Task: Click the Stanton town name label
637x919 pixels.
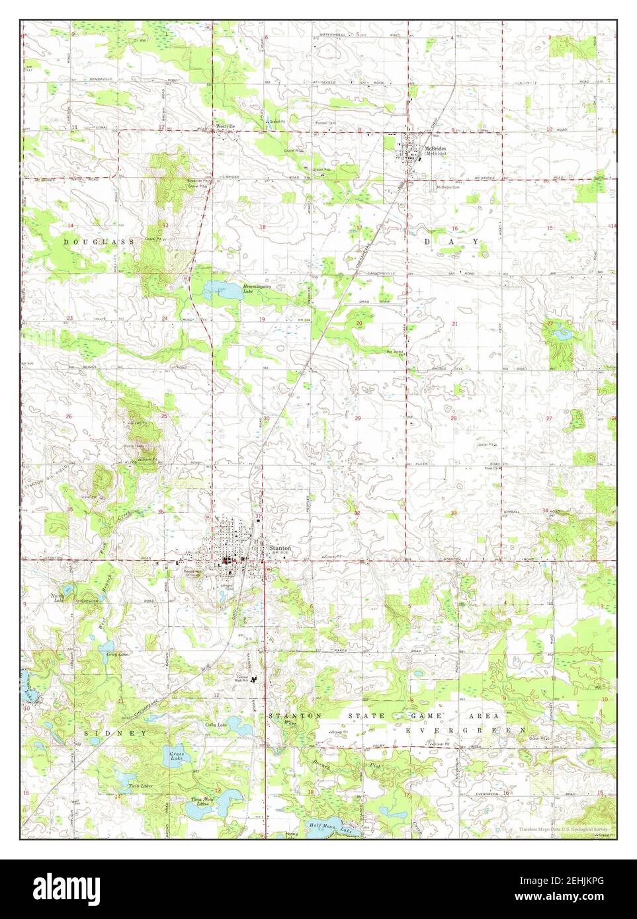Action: (279, 549)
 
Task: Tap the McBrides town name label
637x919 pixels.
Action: (435, 148)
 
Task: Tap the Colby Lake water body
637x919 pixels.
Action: (228, 721)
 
